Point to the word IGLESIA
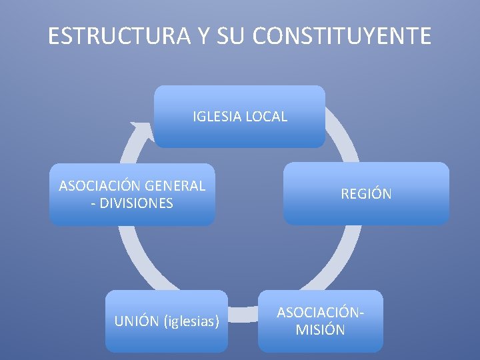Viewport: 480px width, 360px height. point(217,117)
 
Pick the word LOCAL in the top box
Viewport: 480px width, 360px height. point(266,117)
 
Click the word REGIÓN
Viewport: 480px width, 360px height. point(366,194)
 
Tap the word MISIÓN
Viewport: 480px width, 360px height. point(321,329)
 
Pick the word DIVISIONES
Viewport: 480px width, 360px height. point(137,203)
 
